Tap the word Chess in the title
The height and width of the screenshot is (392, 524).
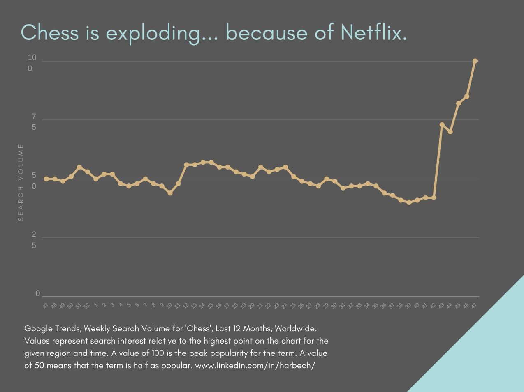50,32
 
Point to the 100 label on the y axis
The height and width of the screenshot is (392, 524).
32,63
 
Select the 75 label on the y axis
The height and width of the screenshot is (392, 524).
34,122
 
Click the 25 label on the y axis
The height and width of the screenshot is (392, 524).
34,240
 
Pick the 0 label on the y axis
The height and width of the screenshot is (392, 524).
38,293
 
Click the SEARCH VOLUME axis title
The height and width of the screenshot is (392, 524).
21,183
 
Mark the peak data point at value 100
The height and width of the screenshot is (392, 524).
475,61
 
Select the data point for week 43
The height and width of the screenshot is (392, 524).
442,124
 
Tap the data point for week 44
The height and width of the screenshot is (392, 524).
450,132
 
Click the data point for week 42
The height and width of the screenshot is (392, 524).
434,198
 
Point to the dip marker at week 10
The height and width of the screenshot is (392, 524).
170,193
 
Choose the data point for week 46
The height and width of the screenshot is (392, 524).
467,96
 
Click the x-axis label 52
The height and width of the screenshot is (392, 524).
87,306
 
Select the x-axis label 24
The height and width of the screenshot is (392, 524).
285,306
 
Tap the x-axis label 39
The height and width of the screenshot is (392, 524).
408,306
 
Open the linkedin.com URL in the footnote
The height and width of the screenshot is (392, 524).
255,365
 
